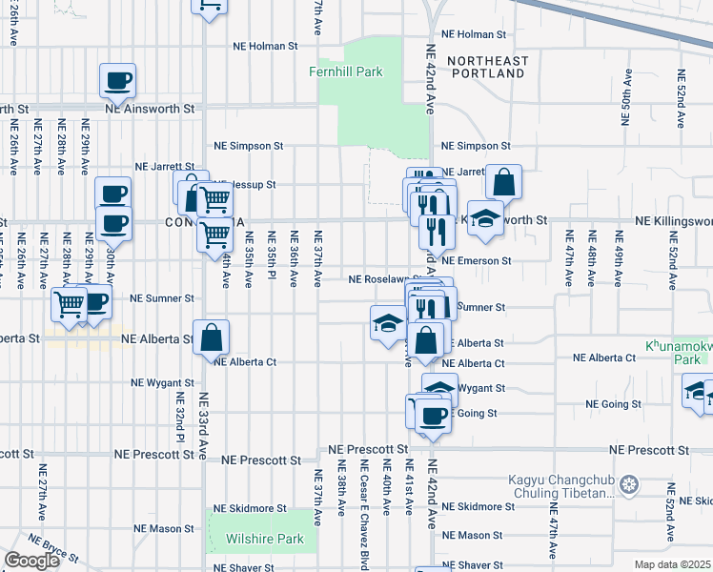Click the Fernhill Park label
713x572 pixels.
click(345, 71)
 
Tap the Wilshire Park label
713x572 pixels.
click(264, 539)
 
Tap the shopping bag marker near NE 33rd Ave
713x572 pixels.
click(212, 337)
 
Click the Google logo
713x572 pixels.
click(31, 561)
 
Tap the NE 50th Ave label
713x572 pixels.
click(626, 98)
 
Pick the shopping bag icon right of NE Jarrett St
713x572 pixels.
click(503, 182)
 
